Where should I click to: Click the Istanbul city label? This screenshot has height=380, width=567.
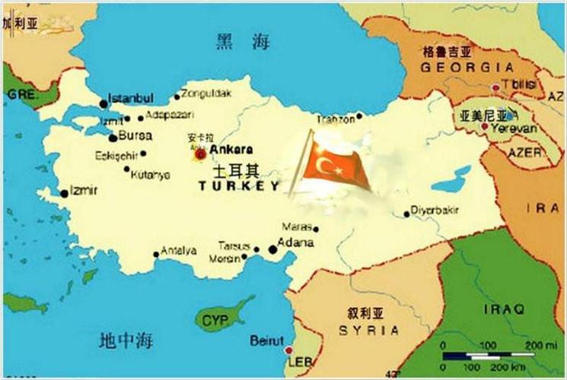[x=131, y=98]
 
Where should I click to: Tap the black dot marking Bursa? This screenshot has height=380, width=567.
[x=113, y=138]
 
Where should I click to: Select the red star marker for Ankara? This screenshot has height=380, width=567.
[x=200, y=154]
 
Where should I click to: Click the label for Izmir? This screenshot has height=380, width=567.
[x=83, y=190]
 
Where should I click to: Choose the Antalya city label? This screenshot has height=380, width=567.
[x=179, y=250]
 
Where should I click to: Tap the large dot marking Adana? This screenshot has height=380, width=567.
[x=273, y=249]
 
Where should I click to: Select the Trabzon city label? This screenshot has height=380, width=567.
[x=336, y=119]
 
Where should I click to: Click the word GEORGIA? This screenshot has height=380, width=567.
[x=456, y=67]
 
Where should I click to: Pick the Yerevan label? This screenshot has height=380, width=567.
[x=513, y=129]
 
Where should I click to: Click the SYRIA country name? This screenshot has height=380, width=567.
[x=368, y=330]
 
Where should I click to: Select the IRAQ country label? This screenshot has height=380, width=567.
[x=504, y=309]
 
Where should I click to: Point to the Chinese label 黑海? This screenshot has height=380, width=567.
[x=243, y=42]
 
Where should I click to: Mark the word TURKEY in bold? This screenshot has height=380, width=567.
[x=239, y=185]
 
